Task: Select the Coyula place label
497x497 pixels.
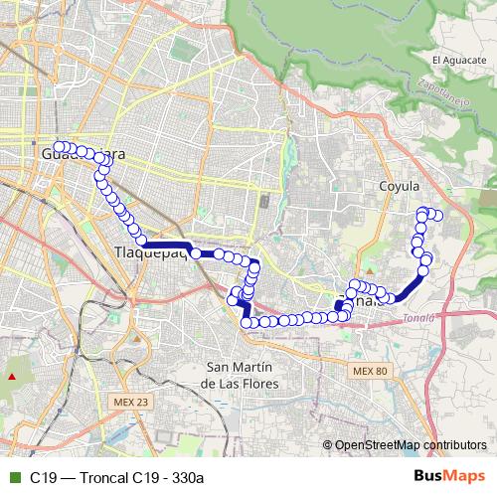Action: (x=400, y=186)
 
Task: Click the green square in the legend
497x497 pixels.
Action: (x=12, y=477)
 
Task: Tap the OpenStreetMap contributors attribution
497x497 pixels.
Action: (x=410, y=444)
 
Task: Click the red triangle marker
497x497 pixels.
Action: (x=12, y=377)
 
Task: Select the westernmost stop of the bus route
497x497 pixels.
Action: (x=59, y=147)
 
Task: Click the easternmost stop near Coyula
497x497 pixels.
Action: (x=436, y=216)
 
